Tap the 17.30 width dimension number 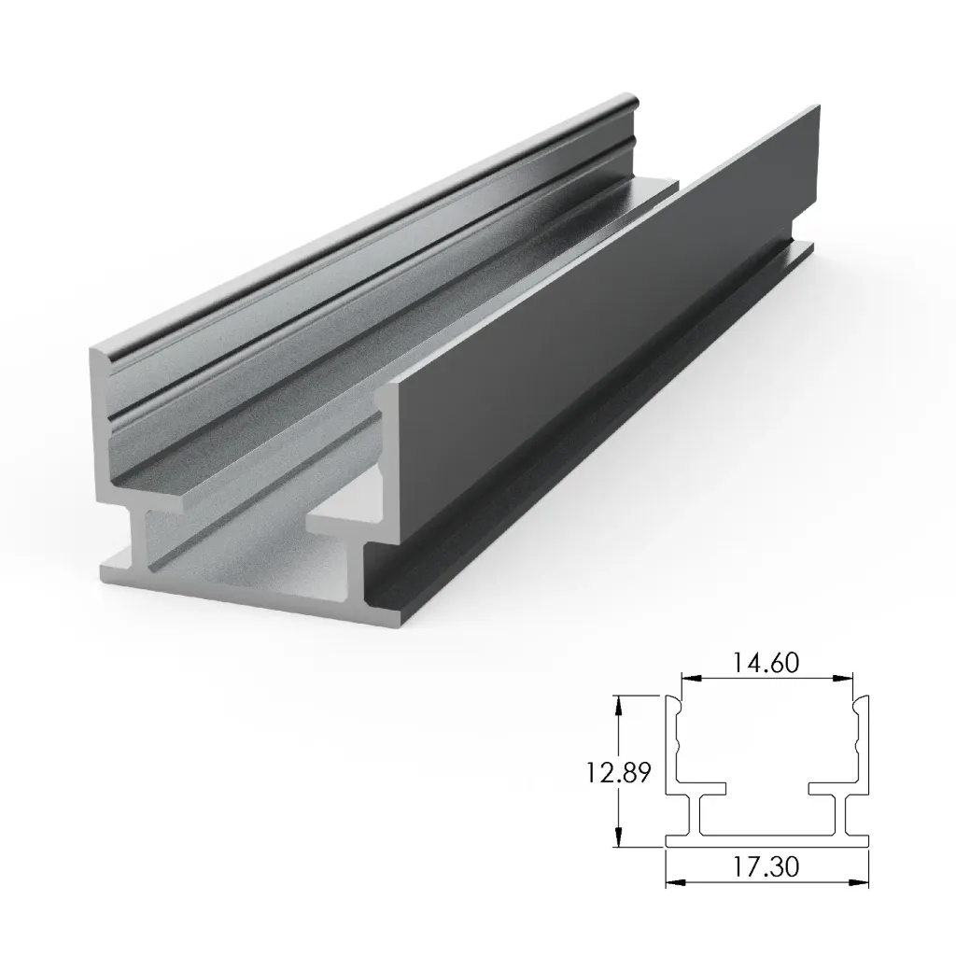tap(766, 867)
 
